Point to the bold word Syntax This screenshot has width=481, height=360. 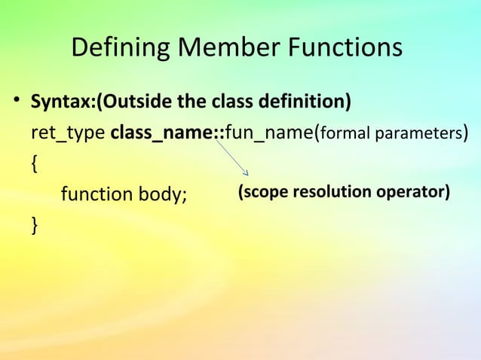click(59, 101)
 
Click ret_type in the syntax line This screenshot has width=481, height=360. click(68, 134)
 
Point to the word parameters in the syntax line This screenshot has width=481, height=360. click(414, 136)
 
